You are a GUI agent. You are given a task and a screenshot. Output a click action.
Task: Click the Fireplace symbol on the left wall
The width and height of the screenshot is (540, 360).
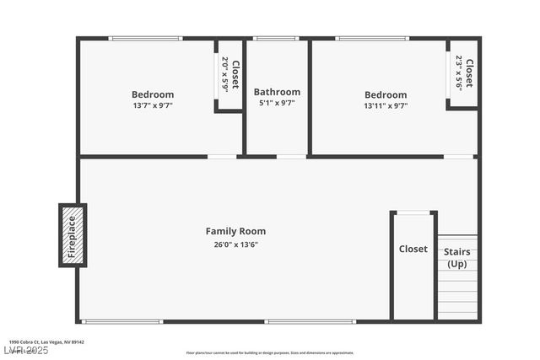point(72,235)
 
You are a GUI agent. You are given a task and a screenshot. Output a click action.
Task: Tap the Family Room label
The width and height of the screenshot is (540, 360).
point(235,231)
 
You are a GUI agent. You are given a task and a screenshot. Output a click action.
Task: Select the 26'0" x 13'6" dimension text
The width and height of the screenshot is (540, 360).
point(235,244)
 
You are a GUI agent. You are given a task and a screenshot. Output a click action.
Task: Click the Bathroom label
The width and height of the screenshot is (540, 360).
point(277,92)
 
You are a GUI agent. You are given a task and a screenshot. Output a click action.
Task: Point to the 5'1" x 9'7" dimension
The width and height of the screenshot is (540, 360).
point(277,103)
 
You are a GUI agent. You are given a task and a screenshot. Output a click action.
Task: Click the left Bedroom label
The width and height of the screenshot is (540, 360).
point(153,94)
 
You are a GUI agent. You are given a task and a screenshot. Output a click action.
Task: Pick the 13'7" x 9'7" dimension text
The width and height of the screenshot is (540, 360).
point(153,106)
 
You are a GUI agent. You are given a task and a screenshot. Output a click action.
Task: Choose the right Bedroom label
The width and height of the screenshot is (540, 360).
point(386,95)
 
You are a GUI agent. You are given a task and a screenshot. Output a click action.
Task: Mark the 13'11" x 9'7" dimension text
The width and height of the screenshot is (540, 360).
point(386,106)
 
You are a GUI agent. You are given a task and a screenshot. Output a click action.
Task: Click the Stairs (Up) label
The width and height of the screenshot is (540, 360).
point(456,257)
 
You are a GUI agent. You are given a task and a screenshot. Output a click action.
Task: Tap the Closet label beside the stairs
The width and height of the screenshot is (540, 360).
point(413,249)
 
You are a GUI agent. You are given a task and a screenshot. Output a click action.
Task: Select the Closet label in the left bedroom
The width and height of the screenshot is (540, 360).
point(235,75)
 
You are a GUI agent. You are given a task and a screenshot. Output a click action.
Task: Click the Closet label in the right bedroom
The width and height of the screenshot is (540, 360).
point(469,73)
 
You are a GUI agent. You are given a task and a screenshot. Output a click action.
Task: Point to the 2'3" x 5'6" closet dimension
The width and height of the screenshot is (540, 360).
point(459,73)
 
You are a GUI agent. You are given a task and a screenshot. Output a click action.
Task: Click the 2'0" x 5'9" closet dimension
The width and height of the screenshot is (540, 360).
point(225,75)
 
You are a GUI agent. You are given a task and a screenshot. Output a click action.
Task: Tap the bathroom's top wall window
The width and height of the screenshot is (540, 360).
point(276,38)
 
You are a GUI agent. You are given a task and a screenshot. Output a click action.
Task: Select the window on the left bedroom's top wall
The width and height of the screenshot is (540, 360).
point(145,38)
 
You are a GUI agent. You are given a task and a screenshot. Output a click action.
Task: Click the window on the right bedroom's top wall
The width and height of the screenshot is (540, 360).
point(372,38)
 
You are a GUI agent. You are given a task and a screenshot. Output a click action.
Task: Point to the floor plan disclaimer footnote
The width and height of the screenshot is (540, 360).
point(270,353)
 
